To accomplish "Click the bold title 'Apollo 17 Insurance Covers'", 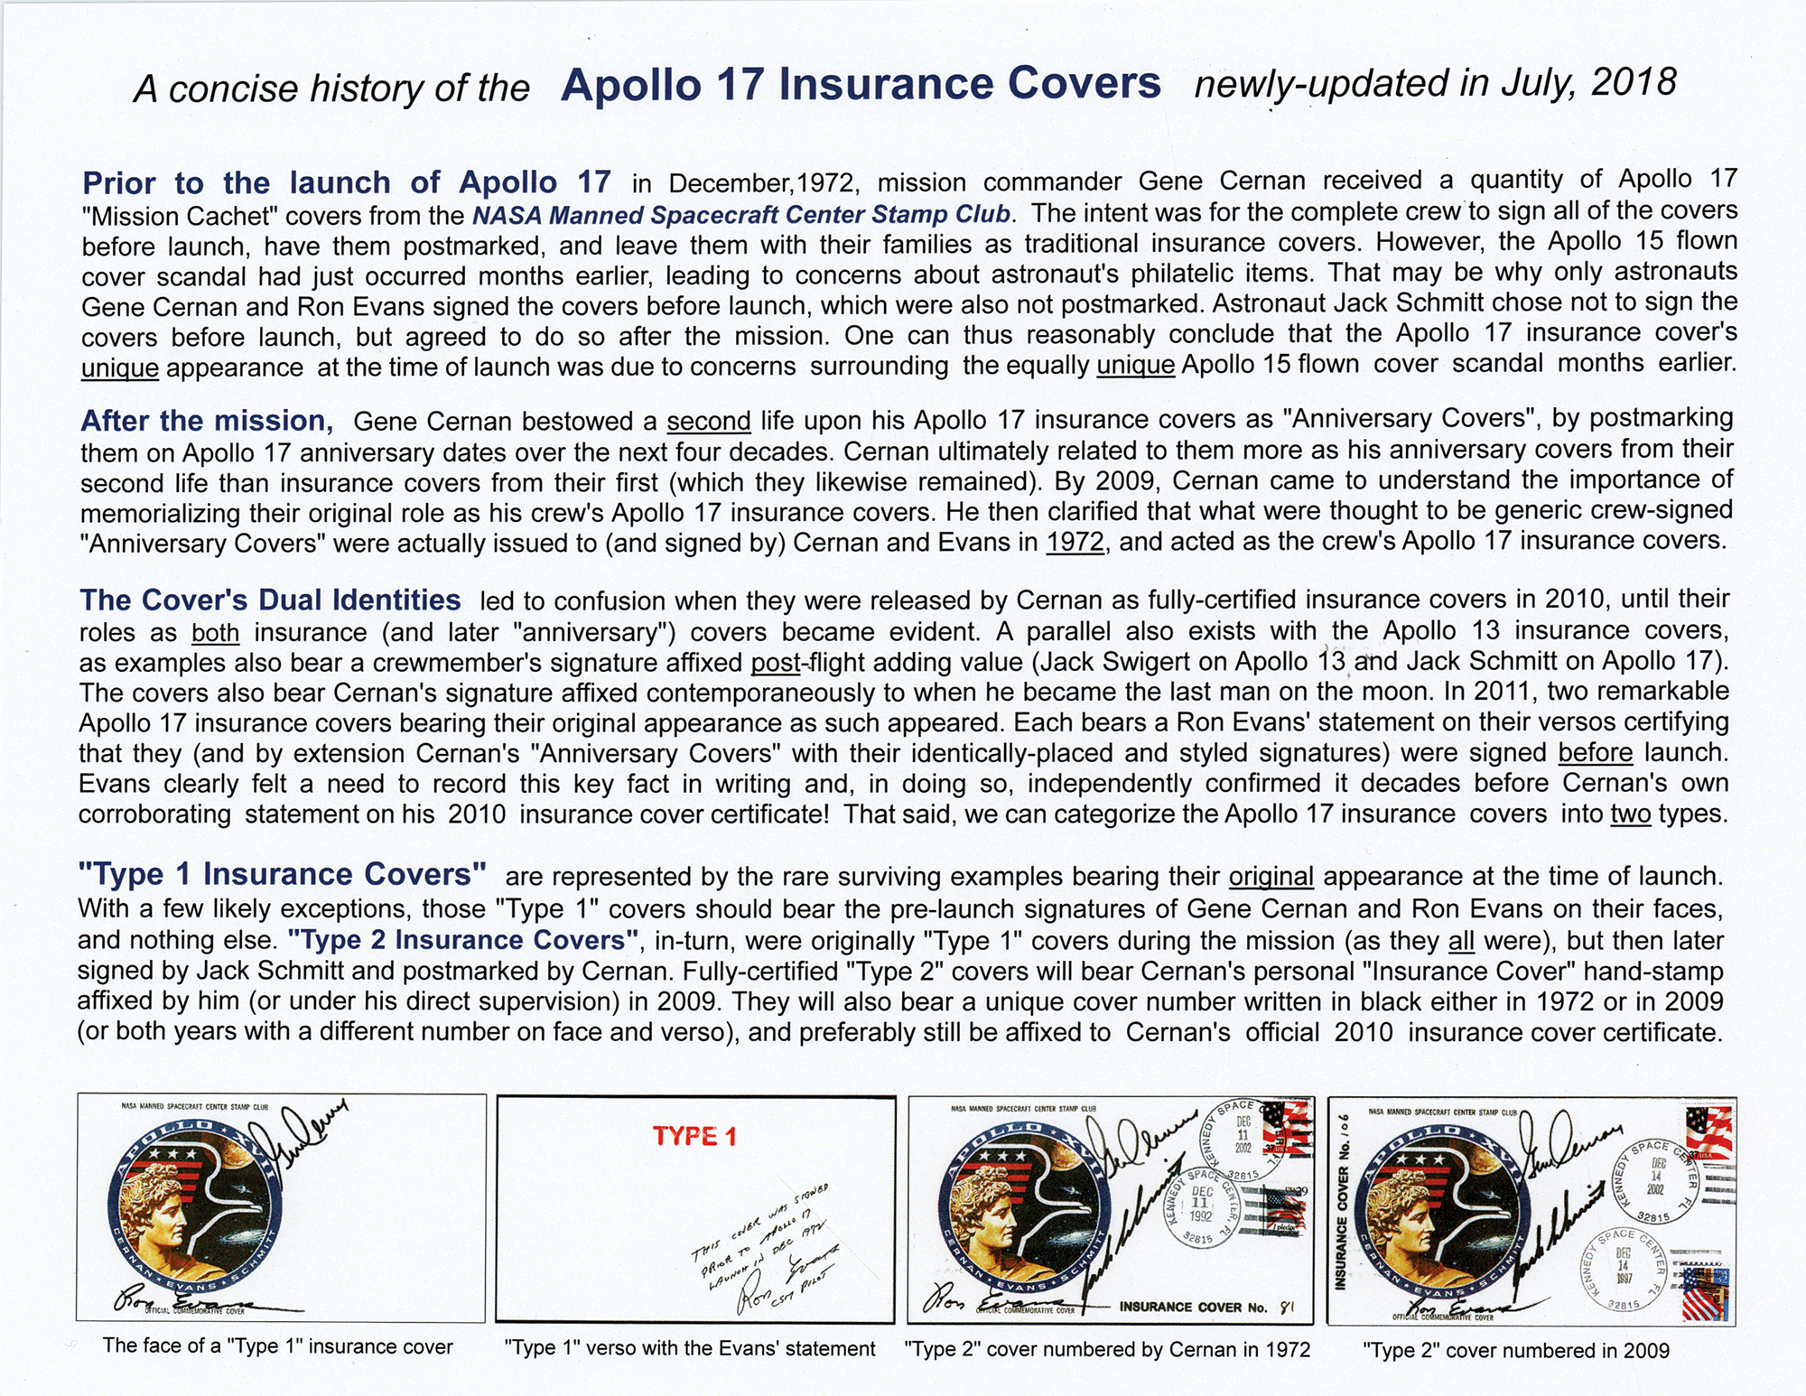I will tap(860, 84).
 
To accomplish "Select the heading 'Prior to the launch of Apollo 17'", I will tap(346, 182).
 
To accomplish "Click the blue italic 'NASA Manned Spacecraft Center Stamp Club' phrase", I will tap(740, 215).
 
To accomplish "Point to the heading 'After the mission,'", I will tap(207, 421).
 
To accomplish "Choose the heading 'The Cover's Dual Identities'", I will tap(270, 600).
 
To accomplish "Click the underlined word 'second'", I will tap(708, 422).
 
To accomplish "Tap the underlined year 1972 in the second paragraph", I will tap(1075, 543).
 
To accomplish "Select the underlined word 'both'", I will tap(215, 633).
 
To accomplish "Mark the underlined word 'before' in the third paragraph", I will tap(1595, 753).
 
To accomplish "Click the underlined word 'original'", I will tap(1271, 877).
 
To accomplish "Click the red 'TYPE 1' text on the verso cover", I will tap(694, 1136).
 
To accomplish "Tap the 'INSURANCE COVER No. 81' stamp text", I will tap(1206, 1307).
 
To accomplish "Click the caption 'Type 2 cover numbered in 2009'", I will tap(1515, 1350).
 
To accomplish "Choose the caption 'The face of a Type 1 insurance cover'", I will tap(277, 1346).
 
